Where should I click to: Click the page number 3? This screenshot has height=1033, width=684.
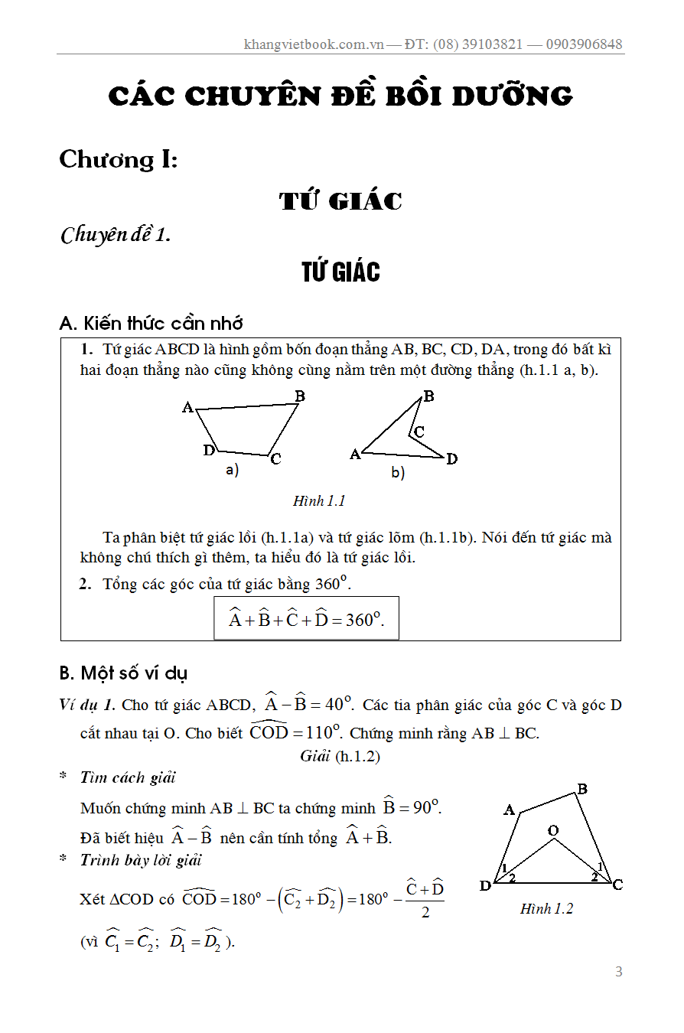(619, 972)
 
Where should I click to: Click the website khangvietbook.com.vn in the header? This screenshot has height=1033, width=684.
(313, 44)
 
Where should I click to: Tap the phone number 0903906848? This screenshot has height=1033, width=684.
(585, 44)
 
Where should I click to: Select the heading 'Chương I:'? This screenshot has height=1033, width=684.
(119, 159)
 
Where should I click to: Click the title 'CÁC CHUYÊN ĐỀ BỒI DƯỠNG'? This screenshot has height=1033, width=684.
(340, 96)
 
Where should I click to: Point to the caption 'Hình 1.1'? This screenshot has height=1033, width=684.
(319, 501)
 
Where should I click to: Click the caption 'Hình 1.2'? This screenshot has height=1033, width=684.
(546, 909)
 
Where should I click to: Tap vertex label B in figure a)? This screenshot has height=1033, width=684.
(300, 396)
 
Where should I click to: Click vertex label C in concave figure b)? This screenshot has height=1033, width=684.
(419, 432)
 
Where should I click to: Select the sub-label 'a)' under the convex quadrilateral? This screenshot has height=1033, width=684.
(232, 471)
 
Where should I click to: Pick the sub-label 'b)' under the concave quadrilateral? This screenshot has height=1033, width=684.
(398, 473)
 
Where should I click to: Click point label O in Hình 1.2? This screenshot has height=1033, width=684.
(553, 830)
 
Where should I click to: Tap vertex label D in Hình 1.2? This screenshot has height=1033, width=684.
(485, 886)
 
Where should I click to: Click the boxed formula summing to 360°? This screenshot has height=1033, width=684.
(306, 619)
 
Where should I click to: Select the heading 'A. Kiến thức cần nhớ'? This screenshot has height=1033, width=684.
(151, 323)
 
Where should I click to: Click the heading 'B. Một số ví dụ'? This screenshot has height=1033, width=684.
(123, 673)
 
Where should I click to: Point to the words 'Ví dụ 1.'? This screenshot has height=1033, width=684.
(87, 705)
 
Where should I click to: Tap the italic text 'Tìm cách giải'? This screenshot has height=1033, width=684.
(128, 777)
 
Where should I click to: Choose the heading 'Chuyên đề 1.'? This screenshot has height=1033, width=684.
(115, 234)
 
